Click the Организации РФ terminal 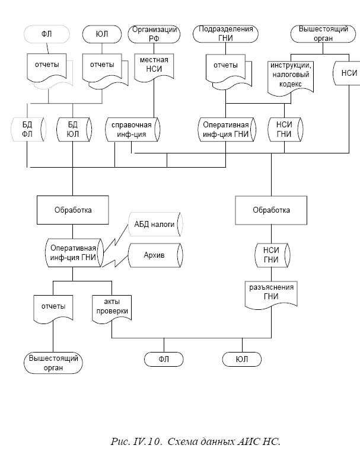click(x=155, y=34)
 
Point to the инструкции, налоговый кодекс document click(x=291, y=76)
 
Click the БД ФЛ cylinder click(x=26, y=130)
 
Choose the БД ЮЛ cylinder click(x=72, y=130)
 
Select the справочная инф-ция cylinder click(x=132, y=130)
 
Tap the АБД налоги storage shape click(x=156, y=225)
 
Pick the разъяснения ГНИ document click(x=271, y=293)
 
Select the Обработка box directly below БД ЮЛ click(x=72, y=210)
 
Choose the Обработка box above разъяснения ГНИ click(x=271, y=210)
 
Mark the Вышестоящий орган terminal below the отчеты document click(x=53, y=363)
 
